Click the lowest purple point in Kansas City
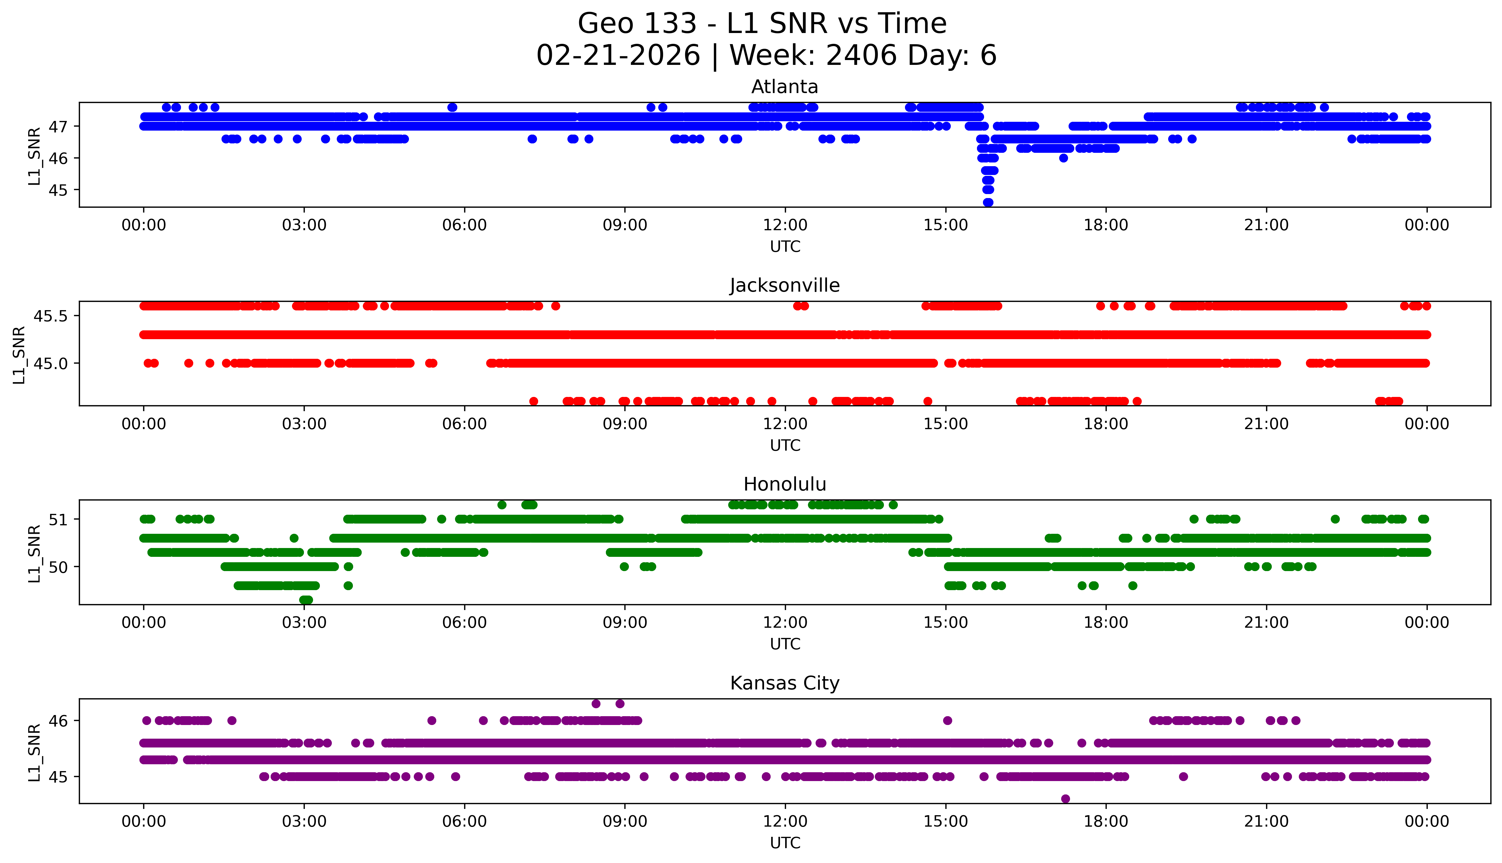[x=1065, y=798]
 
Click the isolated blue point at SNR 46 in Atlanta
[x=1063, y=158]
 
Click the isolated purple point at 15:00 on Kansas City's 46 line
[x=947, y=721]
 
